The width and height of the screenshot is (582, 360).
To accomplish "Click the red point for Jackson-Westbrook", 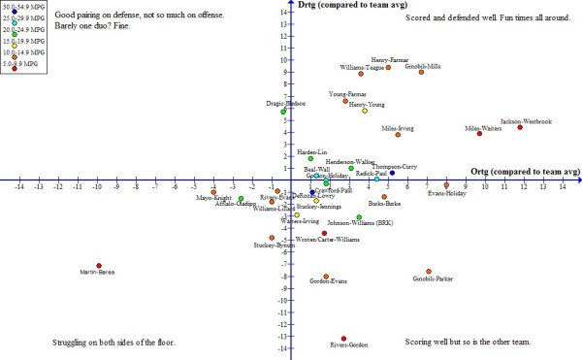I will (520, 127).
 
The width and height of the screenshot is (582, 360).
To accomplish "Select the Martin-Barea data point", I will (98, 265).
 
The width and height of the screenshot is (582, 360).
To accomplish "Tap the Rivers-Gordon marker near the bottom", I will (343, 338).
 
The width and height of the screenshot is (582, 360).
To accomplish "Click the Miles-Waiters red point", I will (479, 133).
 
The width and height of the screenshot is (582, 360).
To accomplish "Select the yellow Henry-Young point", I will (365, 111).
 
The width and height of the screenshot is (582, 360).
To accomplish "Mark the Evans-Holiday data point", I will (446, 184).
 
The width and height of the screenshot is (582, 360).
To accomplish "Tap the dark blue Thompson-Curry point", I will (392, 173).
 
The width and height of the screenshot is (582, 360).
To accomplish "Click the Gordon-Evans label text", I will (328, 281).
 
